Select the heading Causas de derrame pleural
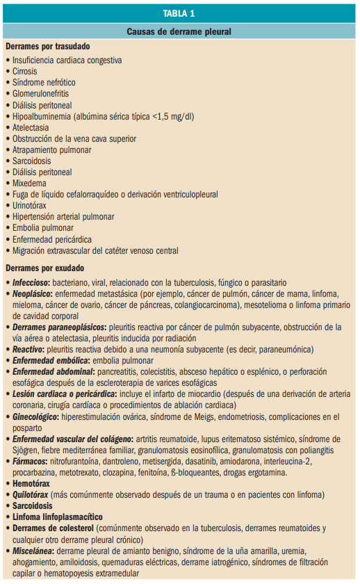click(179, 32)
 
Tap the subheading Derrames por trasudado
click(48, 47)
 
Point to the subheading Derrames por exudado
click(44, 268)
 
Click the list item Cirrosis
click(24, 71)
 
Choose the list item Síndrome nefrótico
click(44, 82)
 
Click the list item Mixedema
click(30, 184)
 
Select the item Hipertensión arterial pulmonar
click(63, 217)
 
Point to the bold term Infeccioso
click(32, 283)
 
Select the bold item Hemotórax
click(32, 483)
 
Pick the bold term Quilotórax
click(32, 494)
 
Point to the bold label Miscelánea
click(34, 550)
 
